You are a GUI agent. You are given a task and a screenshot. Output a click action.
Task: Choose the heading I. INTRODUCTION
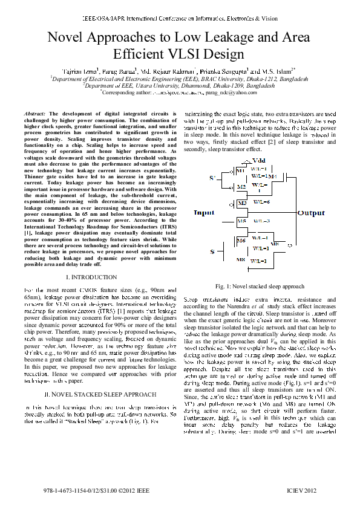click(x=91, y=276)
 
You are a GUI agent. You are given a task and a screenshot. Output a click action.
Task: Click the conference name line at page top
click(x=180, y=10)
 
